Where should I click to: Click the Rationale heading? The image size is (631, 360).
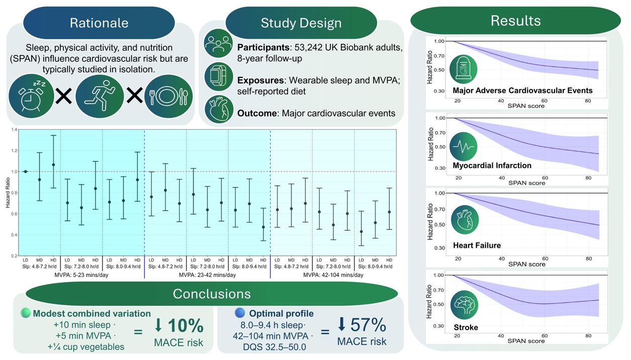coord(99,23)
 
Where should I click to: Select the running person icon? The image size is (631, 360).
coord(100,96)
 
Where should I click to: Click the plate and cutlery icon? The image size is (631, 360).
coord(169,96)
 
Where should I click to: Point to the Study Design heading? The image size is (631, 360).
coord(301,23)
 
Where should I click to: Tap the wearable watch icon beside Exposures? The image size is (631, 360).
coord(218,77)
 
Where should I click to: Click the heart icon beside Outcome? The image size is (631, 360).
coord(218,110)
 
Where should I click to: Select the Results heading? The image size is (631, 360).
coord(515,21)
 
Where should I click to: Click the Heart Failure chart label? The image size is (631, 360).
coord(477,245)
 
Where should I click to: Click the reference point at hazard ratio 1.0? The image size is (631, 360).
coord(26,171)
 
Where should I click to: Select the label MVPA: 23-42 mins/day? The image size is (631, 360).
coord(207,275)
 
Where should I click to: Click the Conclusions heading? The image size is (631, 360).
coord(212,294)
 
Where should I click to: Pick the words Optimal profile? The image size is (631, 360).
coord(281,313)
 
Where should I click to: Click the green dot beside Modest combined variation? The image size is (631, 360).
coord(26,313)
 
